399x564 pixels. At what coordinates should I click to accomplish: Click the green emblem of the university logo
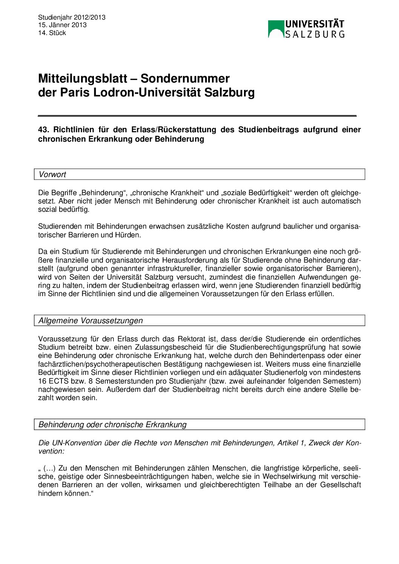276,29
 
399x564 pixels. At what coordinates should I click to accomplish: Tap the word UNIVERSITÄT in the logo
315,24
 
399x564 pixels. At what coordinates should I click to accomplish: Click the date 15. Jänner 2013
62,25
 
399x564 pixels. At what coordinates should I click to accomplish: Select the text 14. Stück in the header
52,33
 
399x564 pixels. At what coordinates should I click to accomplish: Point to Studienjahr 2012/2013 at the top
72,17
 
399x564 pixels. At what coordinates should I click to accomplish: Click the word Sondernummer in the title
185,78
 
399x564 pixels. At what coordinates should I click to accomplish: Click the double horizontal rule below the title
197,116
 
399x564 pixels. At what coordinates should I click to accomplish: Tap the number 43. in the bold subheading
44,130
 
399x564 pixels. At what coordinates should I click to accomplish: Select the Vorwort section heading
52,174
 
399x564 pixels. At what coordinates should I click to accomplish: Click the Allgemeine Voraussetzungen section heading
91,321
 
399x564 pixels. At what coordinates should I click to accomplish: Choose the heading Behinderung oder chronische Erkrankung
112,425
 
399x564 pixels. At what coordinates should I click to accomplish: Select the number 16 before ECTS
42,381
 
